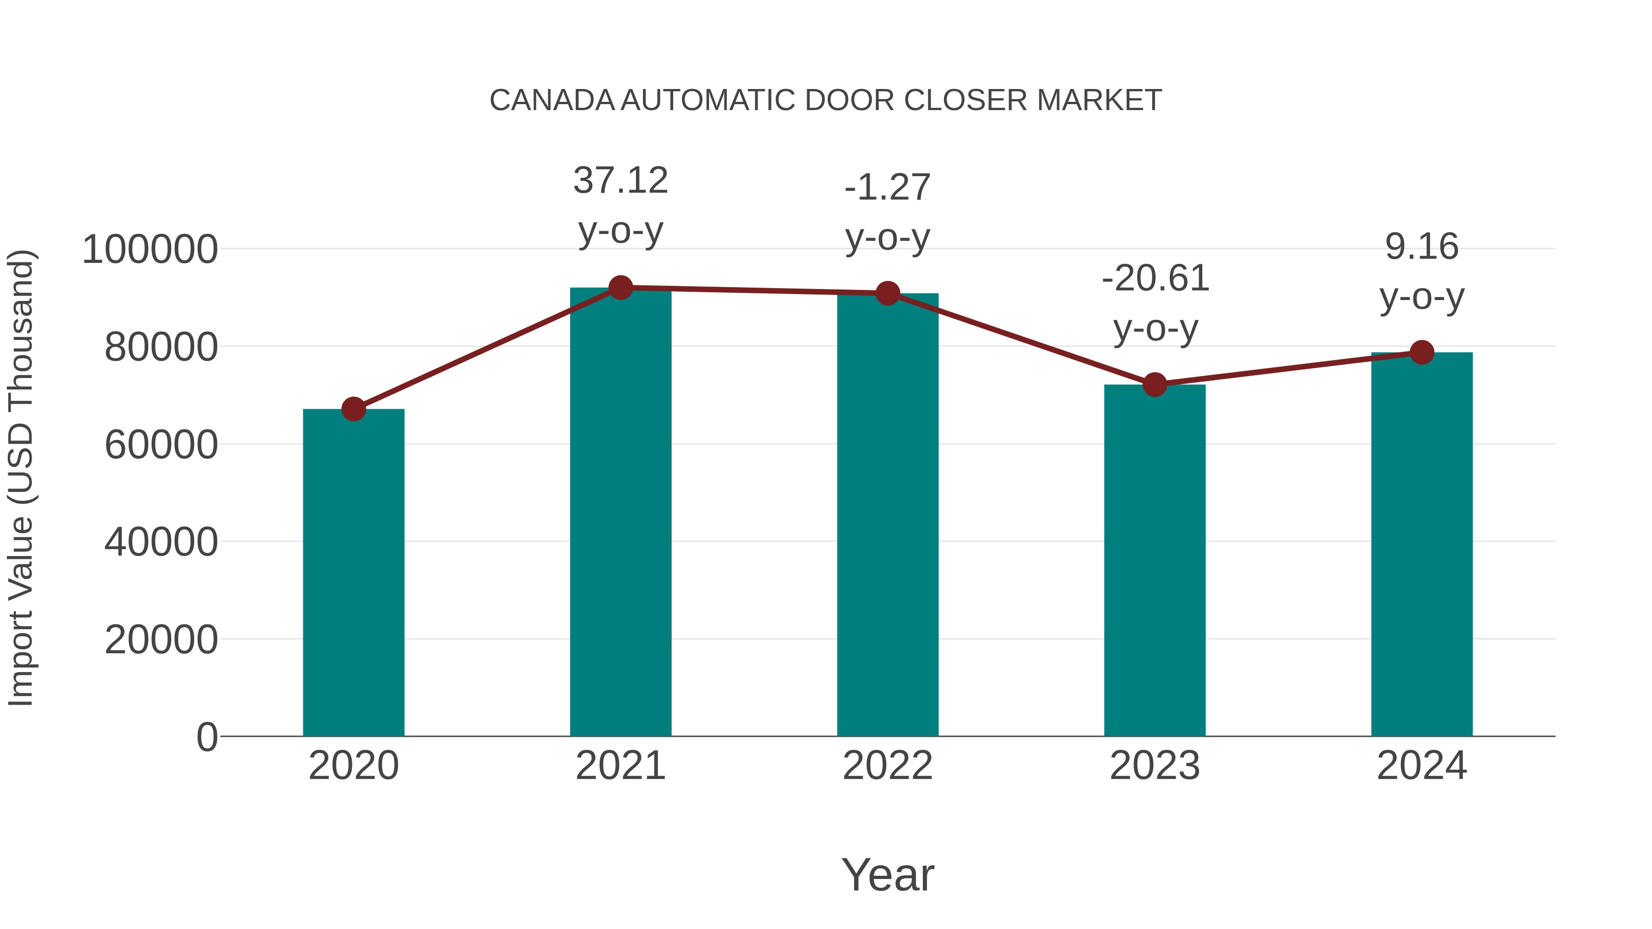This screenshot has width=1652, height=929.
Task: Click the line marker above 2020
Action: tap(353, 408)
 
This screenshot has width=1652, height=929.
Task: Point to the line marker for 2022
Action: tap(887, 293)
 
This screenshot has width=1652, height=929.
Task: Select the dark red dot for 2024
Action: tap(1422, 352)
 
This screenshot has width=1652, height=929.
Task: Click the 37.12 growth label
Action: tap(620, 180)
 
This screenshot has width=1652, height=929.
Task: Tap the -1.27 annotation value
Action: tap(887, 187)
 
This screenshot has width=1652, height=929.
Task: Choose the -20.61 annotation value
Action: tap(1155, 278)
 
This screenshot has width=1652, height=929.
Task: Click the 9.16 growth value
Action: tap(1422, 247)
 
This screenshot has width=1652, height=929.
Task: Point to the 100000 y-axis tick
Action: tap(150, 250)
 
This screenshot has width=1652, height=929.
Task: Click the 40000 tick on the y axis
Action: tap(161, 542)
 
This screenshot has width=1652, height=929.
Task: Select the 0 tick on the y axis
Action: tap(206, 737)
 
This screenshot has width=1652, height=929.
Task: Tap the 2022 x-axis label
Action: tap(887, 766)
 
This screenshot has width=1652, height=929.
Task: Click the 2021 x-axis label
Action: tap(620, 766)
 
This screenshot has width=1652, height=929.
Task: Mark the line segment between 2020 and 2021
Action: tap(487, 348)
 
